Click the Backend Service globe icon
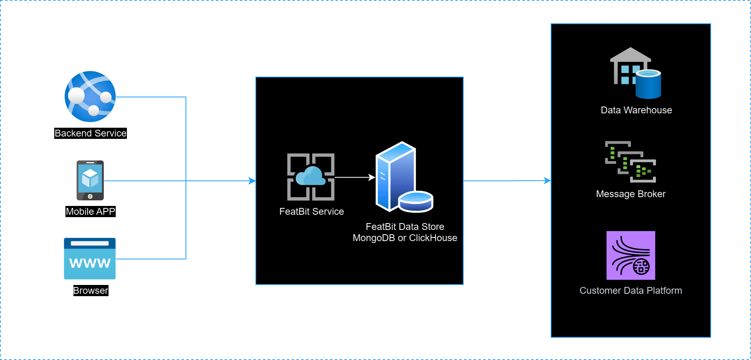[x=90, y=97]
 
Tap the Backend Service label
[x=91, y=133]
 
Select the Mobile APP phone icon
[x=90, y=180]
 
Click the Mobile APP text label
[x=91, y=212]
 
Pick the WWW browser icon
[x=90, y=259]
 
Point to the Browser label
[x=91, y=291]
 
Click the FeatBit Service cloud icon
[x=311, y=177]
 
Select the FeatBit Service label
[x=312, y=212]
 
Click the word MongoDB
[x=374, y=238]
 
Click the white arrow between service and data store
[x=354, y=177]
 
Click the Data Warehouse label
[x=636, y=110]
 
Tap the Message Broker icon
[x=630, y=162]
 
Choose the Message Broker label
[x=631, y=194]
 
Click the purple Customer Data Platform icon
[x=631, y=255]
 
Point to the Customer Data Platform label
[x=631, y=291]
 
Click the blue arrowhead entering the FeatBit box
[x=252, y=181]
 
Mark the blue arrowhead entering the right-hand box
[x=547, y=181]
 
